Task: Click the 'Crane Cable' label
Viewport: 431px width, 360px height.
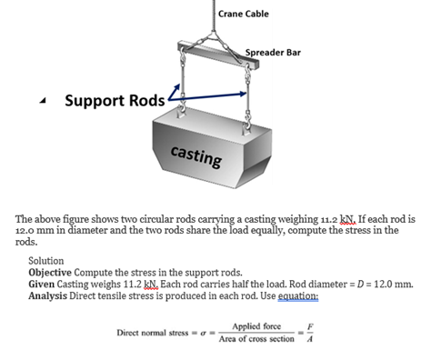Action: tap(244, 13)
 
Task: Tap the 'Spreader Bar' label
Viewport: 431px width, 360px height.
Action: tap(274, 53)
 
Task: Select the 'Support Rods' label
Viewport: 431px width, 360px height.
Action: tap(115, 98)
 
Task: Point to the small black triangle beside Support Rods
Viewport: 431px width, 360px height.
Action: tap(44, 100)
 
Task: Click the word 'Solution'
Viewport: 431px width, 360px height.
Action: tap(46, 260)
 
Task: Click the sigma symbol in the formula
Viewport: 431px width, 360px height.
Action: tap(205, 334)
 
